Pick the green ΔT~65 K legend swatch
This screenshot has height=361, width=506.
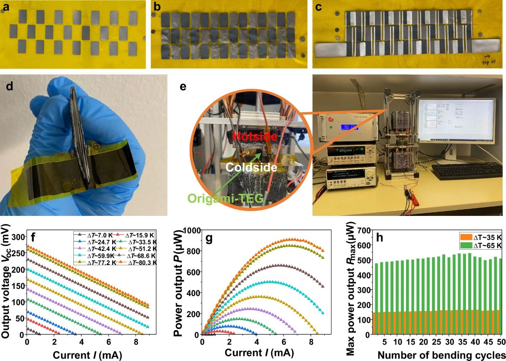(463, 245)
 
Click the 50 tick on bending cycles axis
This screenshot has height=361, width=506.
(501, 341)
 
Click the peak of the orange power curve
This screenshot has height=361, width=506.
(292, 240)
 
